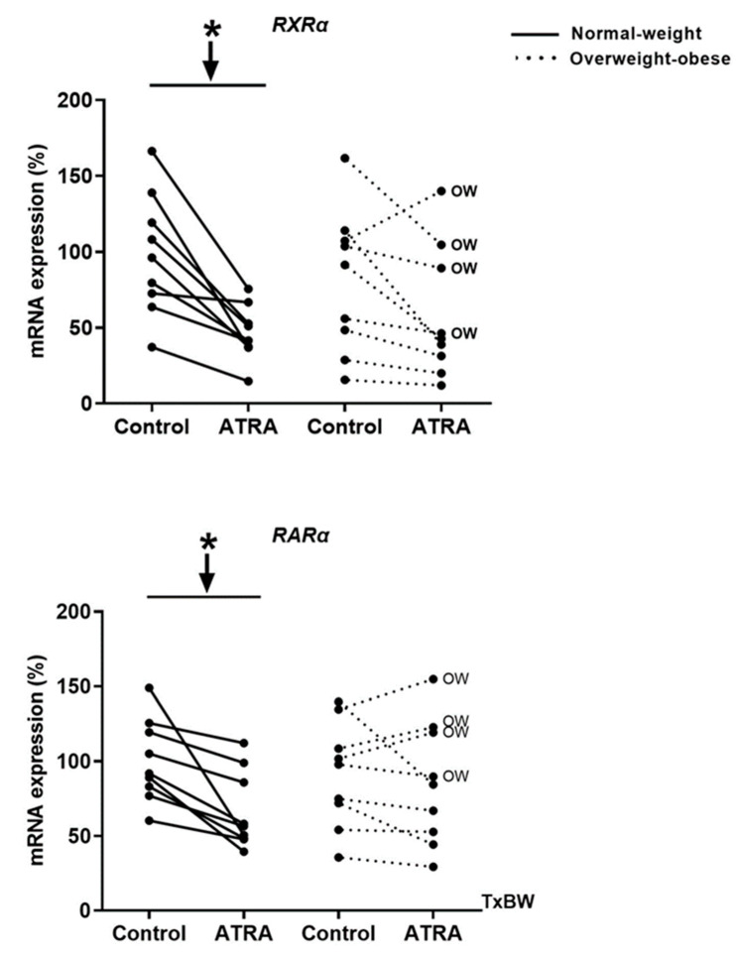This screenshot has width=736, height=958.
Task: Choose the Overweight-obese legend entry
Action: coord(649,59)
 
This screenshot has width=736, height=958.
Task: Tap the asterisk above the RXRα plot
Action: coord(211,30)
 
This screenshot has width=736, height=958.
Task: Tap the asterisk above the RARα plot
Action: coord(206,543)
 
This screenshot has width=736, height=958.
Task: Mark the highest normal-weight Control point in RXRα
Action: coord(151,151)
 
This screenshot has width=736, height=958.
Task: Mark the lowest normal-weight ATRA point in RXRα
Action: coord(248,381)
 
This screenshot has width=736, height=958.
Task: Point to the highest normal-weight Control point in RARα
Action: coord(149,687)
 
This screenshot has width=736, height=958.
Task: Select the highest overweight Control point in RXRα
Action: coord(344,158)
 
